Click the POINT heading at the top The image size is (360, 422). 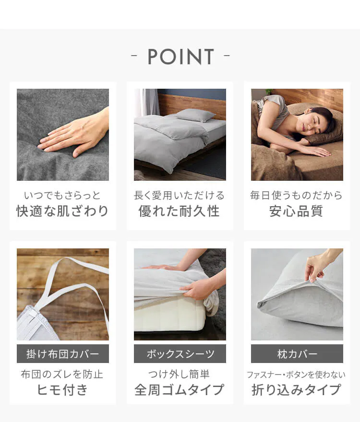click(180, 57)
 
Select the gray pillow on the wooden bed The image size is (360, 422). click(196, 116)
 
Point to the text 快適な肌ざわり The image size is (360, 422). click(63, 211)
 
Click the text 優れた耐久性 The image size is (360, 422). click(180, 211)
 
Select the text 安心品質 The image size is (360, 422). click(297, 211)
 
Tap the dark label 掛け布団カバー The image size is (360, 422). click(63, 353)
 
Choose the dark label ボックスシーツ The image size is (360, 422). click(180, 353)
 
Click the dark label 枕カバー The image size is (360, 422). click(297, 353)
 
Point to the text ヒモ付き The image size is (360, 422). click(62, 390)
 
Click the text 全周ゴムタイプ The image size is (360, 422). click(180, 390)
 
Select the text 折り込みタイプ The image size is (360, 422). click(297, 390)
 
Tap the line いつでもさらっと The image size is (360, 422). click(62, 195)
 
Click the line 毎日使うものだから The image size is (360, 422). click(297, 195)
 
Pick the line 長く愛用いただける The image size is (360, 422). click(180, 195)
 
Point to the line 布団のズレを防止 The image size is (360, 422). click(62, 375)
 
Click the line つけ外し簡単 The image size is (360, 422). click(179, 375)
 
